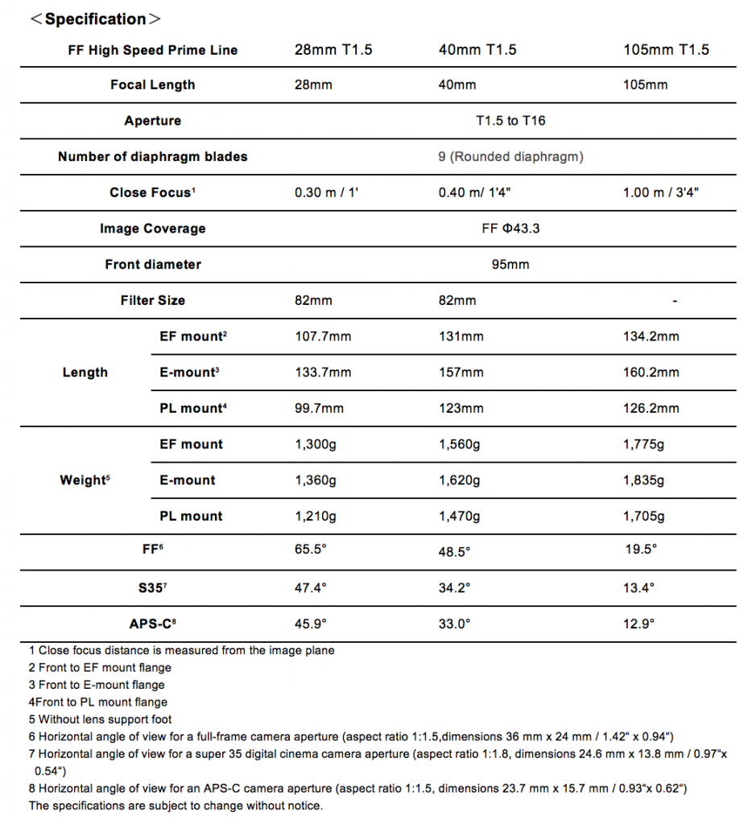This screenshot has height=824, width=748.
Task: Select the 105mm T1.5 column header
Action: [666, 50]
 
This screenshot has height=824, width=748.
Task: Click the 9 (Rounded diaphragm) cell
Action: [510, 157]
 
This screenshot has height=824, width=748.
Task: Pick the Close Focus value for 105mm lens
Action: [666, 193]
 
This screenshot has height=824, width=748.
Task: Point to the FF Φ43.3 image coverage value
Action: [510, 229]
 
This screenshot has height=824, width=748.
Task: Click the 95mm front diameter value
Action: [510, 265]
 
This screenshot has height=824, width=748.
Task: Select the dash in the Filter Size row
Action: [674, 301]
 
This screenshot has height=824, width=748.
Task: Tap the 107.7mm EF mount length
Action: [323, 336]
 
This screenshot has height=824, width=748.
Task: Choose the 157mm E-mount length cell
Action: [461, 373]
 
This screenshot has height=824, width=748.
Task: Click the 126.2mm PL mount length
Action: [651, 409]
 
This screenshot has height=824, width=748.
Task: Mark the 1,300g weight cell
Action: [316, 444]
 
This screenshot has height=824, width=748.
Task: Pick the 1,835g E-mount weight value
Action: [643, 480]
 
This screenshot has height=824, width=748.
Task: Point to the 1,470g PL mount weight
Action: [459, 517]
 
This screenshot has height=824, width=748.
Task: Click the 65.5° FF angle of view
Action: [311, 551]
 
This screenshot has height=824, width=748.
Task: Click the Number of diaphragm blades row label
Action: [152, 157]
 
